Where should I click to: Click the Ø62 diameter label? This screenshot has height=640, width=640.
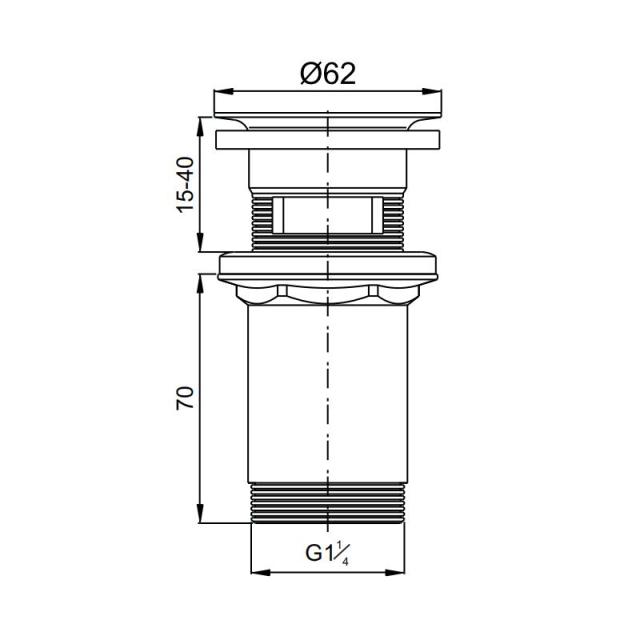[x=328, y=74]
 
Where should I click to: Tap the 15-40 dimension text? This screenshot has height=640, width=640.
[x=185, y=184]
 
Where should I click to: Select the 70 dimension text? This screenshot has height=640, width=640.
[x=185, y=398]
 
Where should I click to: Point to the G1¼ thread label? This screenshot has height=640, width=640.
[x=327, y=554]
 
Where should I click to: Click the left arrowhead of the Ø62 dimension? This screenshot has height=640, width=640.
[x=223, y=92]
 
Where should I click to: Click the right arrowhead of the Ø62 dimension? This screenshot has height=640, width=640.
[x=432, y=92]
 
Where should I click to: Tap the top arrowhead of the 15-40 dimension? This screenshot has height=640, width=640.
[x=200, y=127]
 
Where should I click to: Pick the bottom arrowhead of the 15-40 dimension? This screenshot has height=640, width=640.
[x=200, y=242]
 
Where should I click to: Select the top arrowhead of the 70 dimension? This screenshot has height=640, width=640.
[x=200, y=284]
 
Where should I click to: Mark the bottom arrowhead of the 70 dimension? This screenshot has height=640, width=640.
[x=200, y=513]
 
